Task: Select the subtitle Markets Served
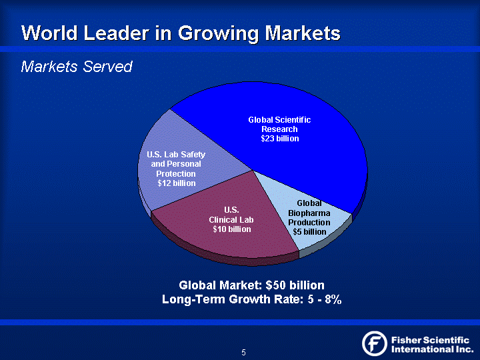tap(77, 67)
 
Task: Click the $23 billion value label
tap(279, 139)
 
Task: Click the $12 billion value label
tap(176, 183)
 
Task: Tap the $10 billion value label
tap(231, 229)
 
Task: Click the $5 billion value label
tap(309, 231)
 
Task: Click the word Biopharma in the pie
tap(309, 213)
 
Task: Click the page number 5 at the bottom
tap(243, 352)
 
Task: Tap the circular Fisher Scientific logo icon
tap(375, 343)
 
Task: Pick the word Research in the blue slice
tap(279, 129)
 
